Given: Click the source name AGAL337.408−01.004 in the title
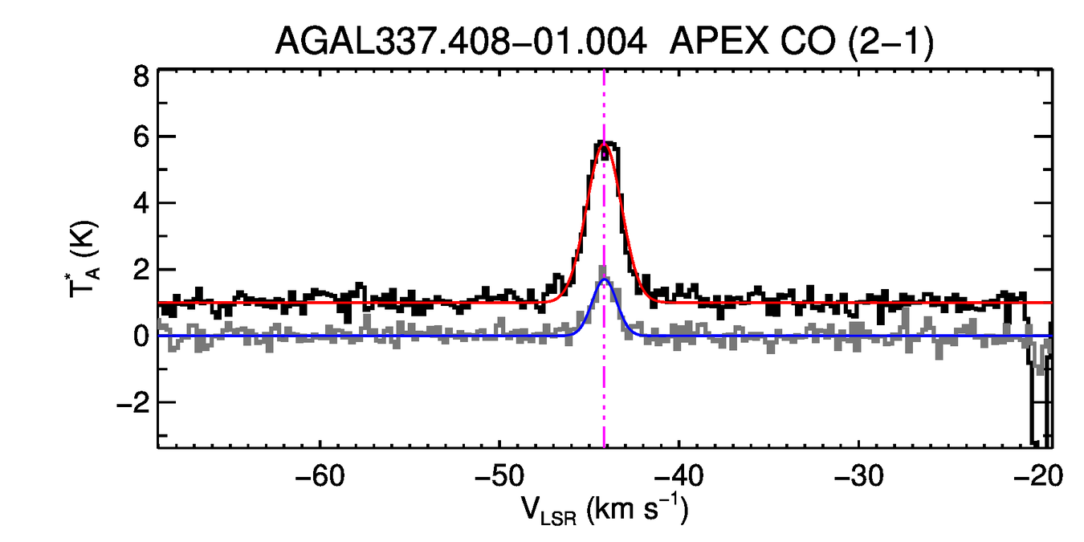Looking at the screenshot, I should (461, 41).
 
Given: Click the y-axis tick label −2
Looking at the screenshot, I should (132, 402).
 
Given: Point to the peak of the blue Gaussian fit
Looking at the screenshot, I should (605, 280).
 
